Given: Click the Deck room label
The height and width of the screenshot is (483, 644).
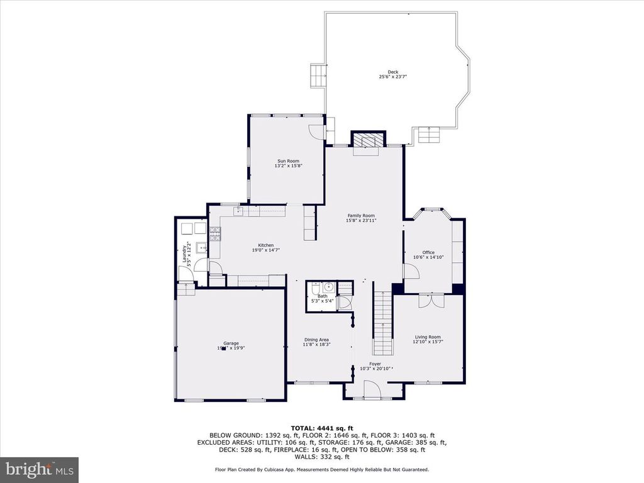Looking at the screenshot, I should point(392,72).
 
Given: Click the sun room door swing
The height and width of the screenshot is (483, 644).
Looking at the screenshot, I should point(317,131).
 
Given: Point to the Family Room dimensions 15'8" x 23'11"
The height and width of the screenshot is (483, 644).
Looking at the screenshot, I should point(360,221).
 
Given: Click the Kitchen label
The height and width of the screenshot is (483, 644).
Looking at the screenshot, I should point(265,245).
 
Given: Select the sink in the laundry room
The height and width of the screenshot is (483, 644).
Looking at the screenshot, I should point(201,247).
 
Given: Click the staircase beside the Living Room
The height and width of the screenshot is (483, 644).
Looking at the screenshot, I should point(382,324).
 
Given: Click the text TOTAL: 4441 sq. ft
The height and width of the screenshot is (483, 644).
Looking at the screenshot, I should point(321,428).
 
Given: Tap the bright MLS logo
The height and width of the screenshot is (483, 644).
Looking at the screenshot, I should point(39,469).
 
